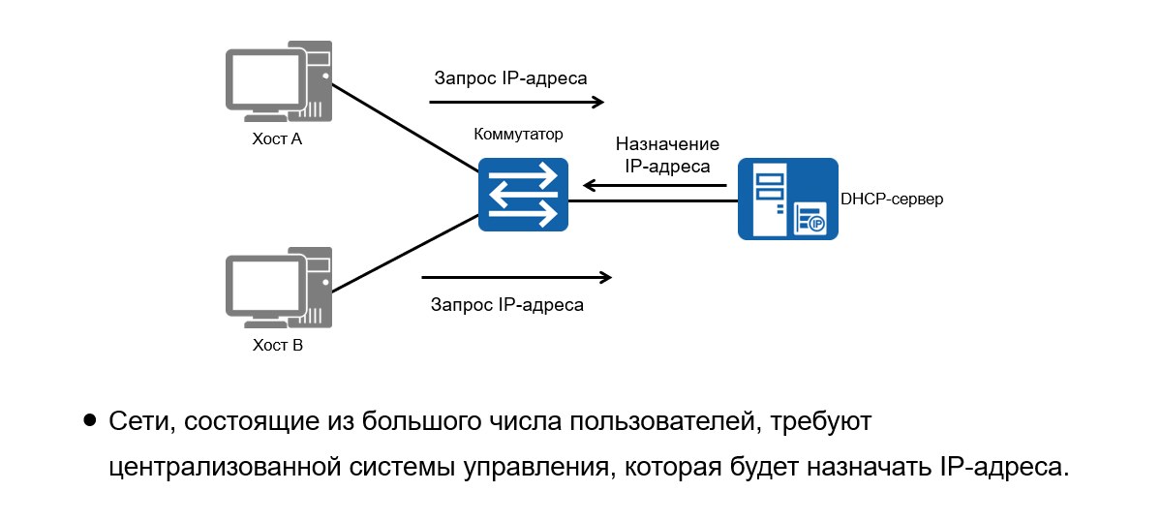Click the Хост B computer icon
(x=279, y=288)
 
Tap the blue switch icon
(x=523, y=195)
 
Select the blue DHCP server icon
(x=787, y=199)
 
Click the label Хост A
(x=276, y=139)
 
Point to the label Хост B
(x=277, y=345)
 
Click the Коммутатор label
(x=518, y=134)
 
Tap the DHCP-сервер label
(x=892, y=200)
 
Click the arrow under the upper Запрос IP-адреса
(x=517, y=102)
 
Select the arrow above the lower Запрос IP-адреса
(x=517, y=278)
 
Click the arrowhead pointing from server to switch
(x=588, y=184)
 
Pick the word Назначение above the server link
(x=667, y=144)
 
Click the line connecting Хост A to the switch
(x=407, y=126)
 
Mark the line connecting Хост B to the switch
(x=407, y=254)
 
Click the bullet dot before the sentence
(x=90, y=420)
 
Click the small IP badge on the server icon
(x=815, y=224)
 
